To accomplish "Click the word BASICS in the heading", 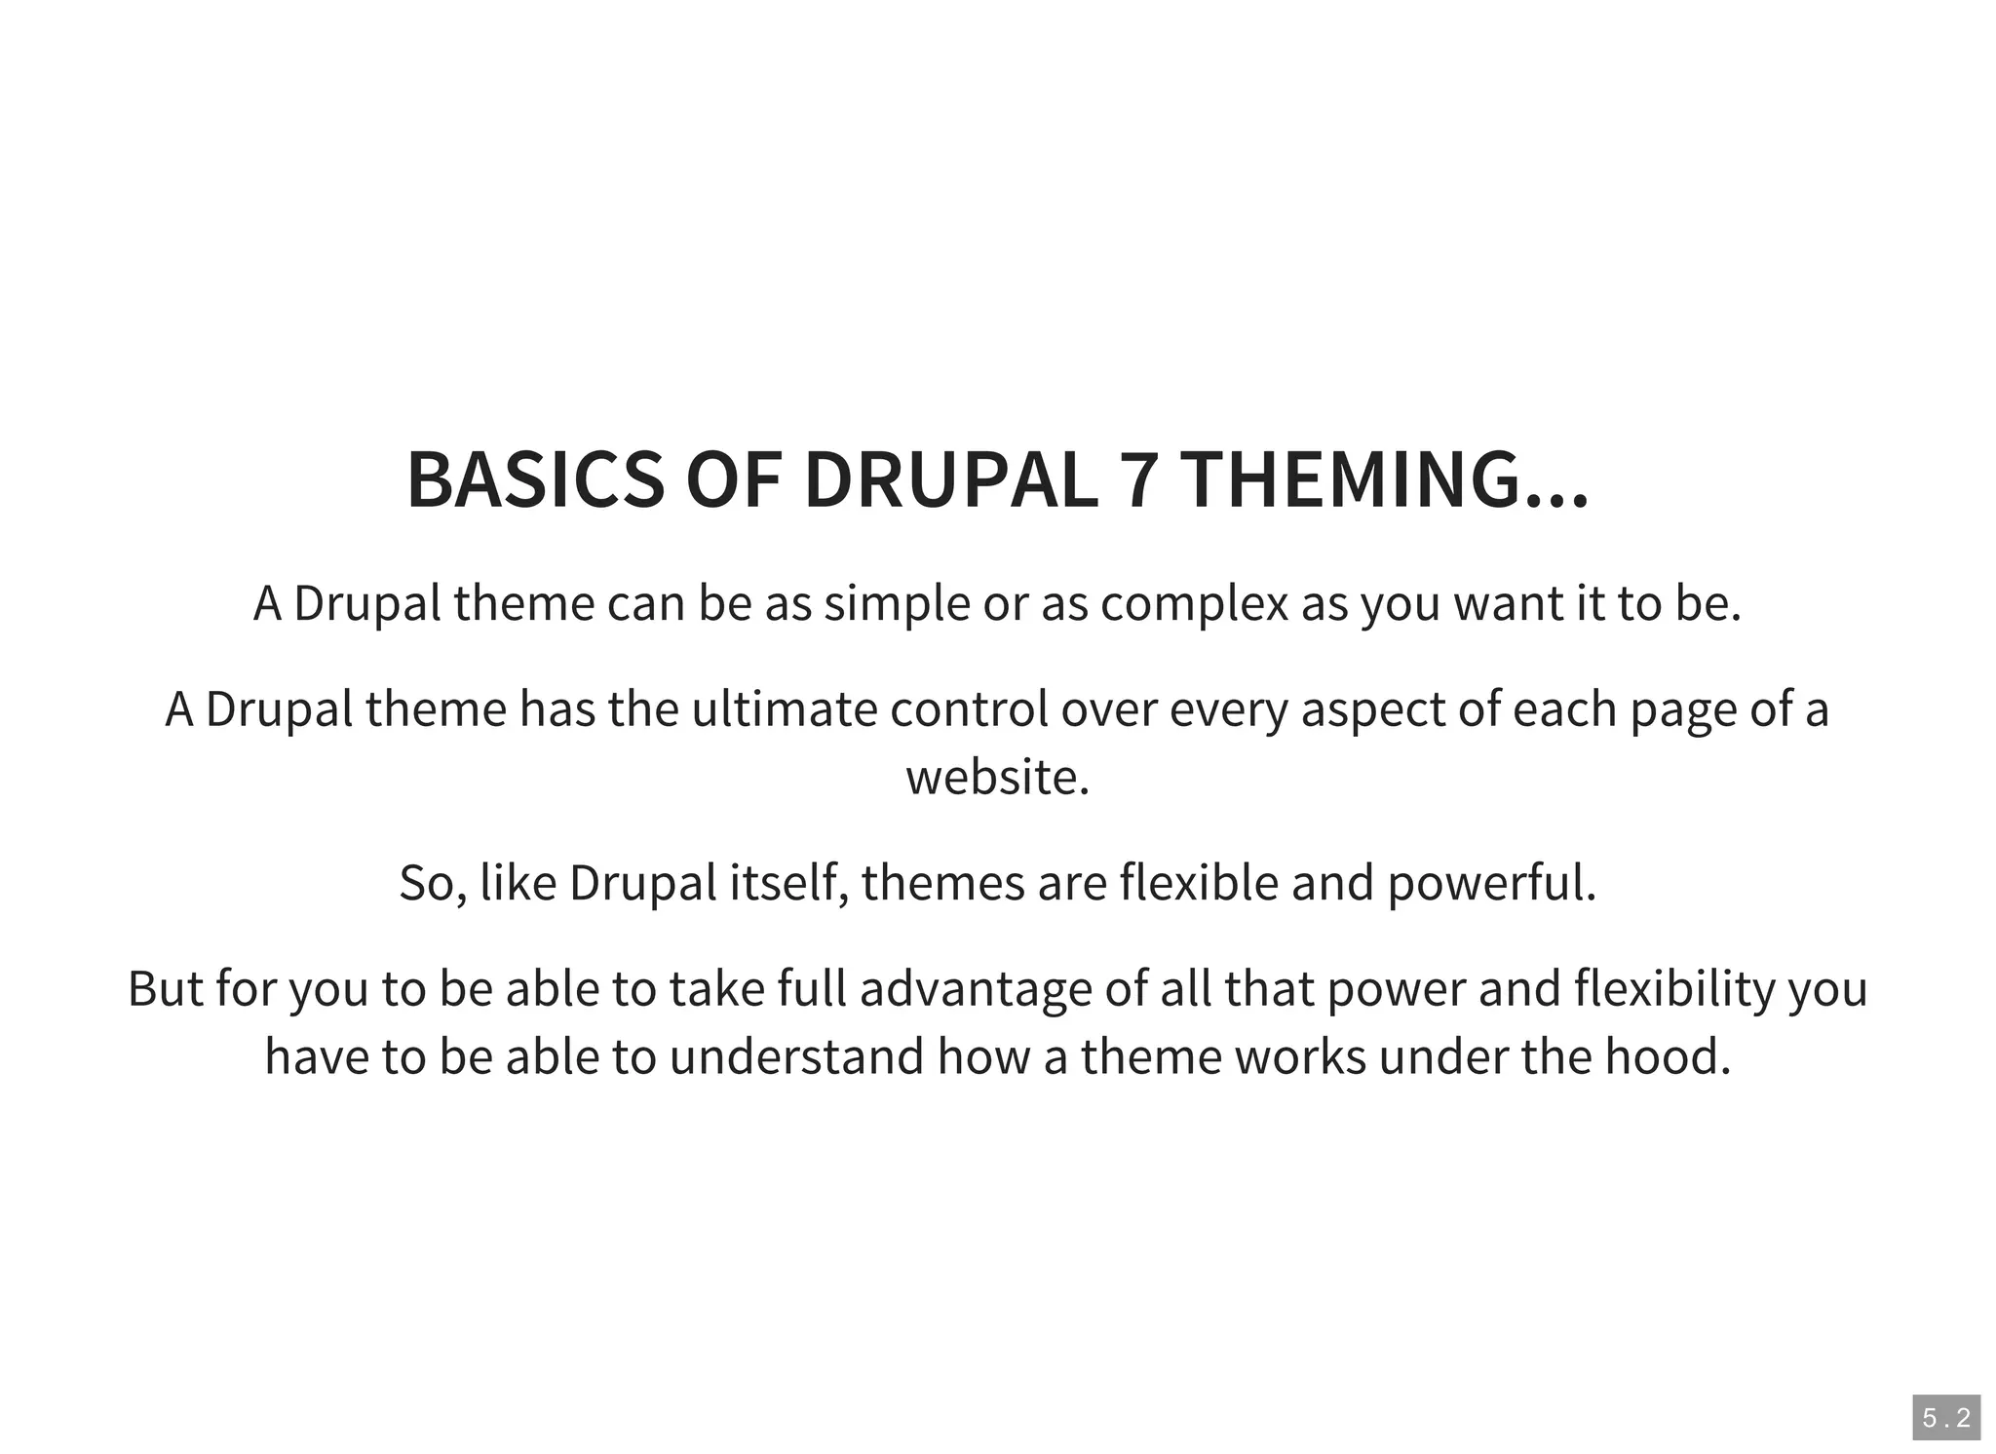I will pos(534,479).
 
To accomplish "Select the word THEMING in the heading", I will pos(1384,479).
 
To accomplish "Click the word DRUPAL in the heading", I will pos(950,479).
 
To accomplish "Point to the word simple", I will pos(897,604).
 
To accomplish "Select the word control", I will pos(969,709).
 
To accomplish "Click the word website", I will pos(997,778).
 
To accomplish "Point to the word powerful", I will pos(1491,883).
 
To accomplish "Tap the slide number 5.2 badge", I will pos(1945,1418).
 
